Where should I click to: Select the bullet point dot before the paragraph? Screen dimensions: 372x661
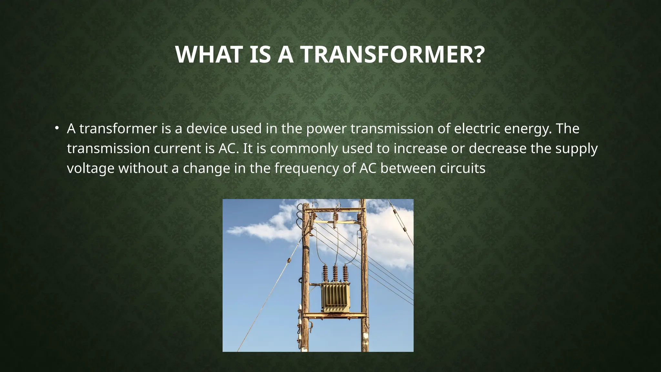(x=57, y=129)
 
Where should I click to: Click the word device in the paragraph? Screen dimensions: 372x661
(x=207, y=129)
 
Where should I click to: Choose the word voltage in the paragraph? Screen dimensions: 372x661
(x=90, y=169)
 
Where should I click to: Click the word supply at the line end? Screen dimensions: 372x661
(x=576, y=149)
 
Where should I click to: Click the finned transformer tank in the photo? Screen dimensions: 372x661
(x=335, y=297)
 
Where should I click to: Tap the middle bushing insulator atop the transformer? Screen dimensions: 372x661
(x=335, y=273)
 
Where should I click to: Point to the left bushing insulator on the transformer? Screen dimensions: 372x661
(x=325, y=273)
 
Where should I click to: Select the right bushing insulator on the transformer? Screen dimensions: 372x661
(x=345, y=273)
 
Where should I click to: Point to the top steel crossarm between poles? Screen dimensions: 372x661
(x=334, y=210)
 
